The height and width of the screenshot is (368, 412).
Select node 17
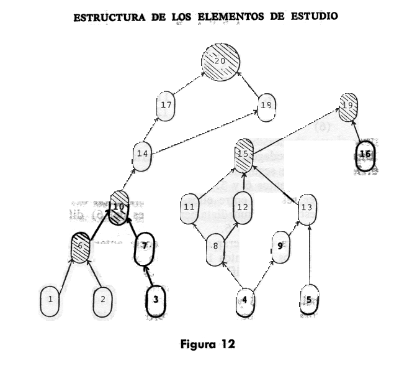click(x=166, y=106)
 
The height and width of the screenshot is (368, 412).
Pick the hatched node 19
click(x=349, y=105)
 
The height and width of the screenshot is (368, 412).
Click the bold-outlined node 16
click(x=365, y=154)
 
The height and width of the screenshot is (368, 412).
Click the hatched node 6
click(x=81, y=247)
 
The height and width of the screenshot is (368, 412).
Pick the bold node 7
click(x=144, y=246)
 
